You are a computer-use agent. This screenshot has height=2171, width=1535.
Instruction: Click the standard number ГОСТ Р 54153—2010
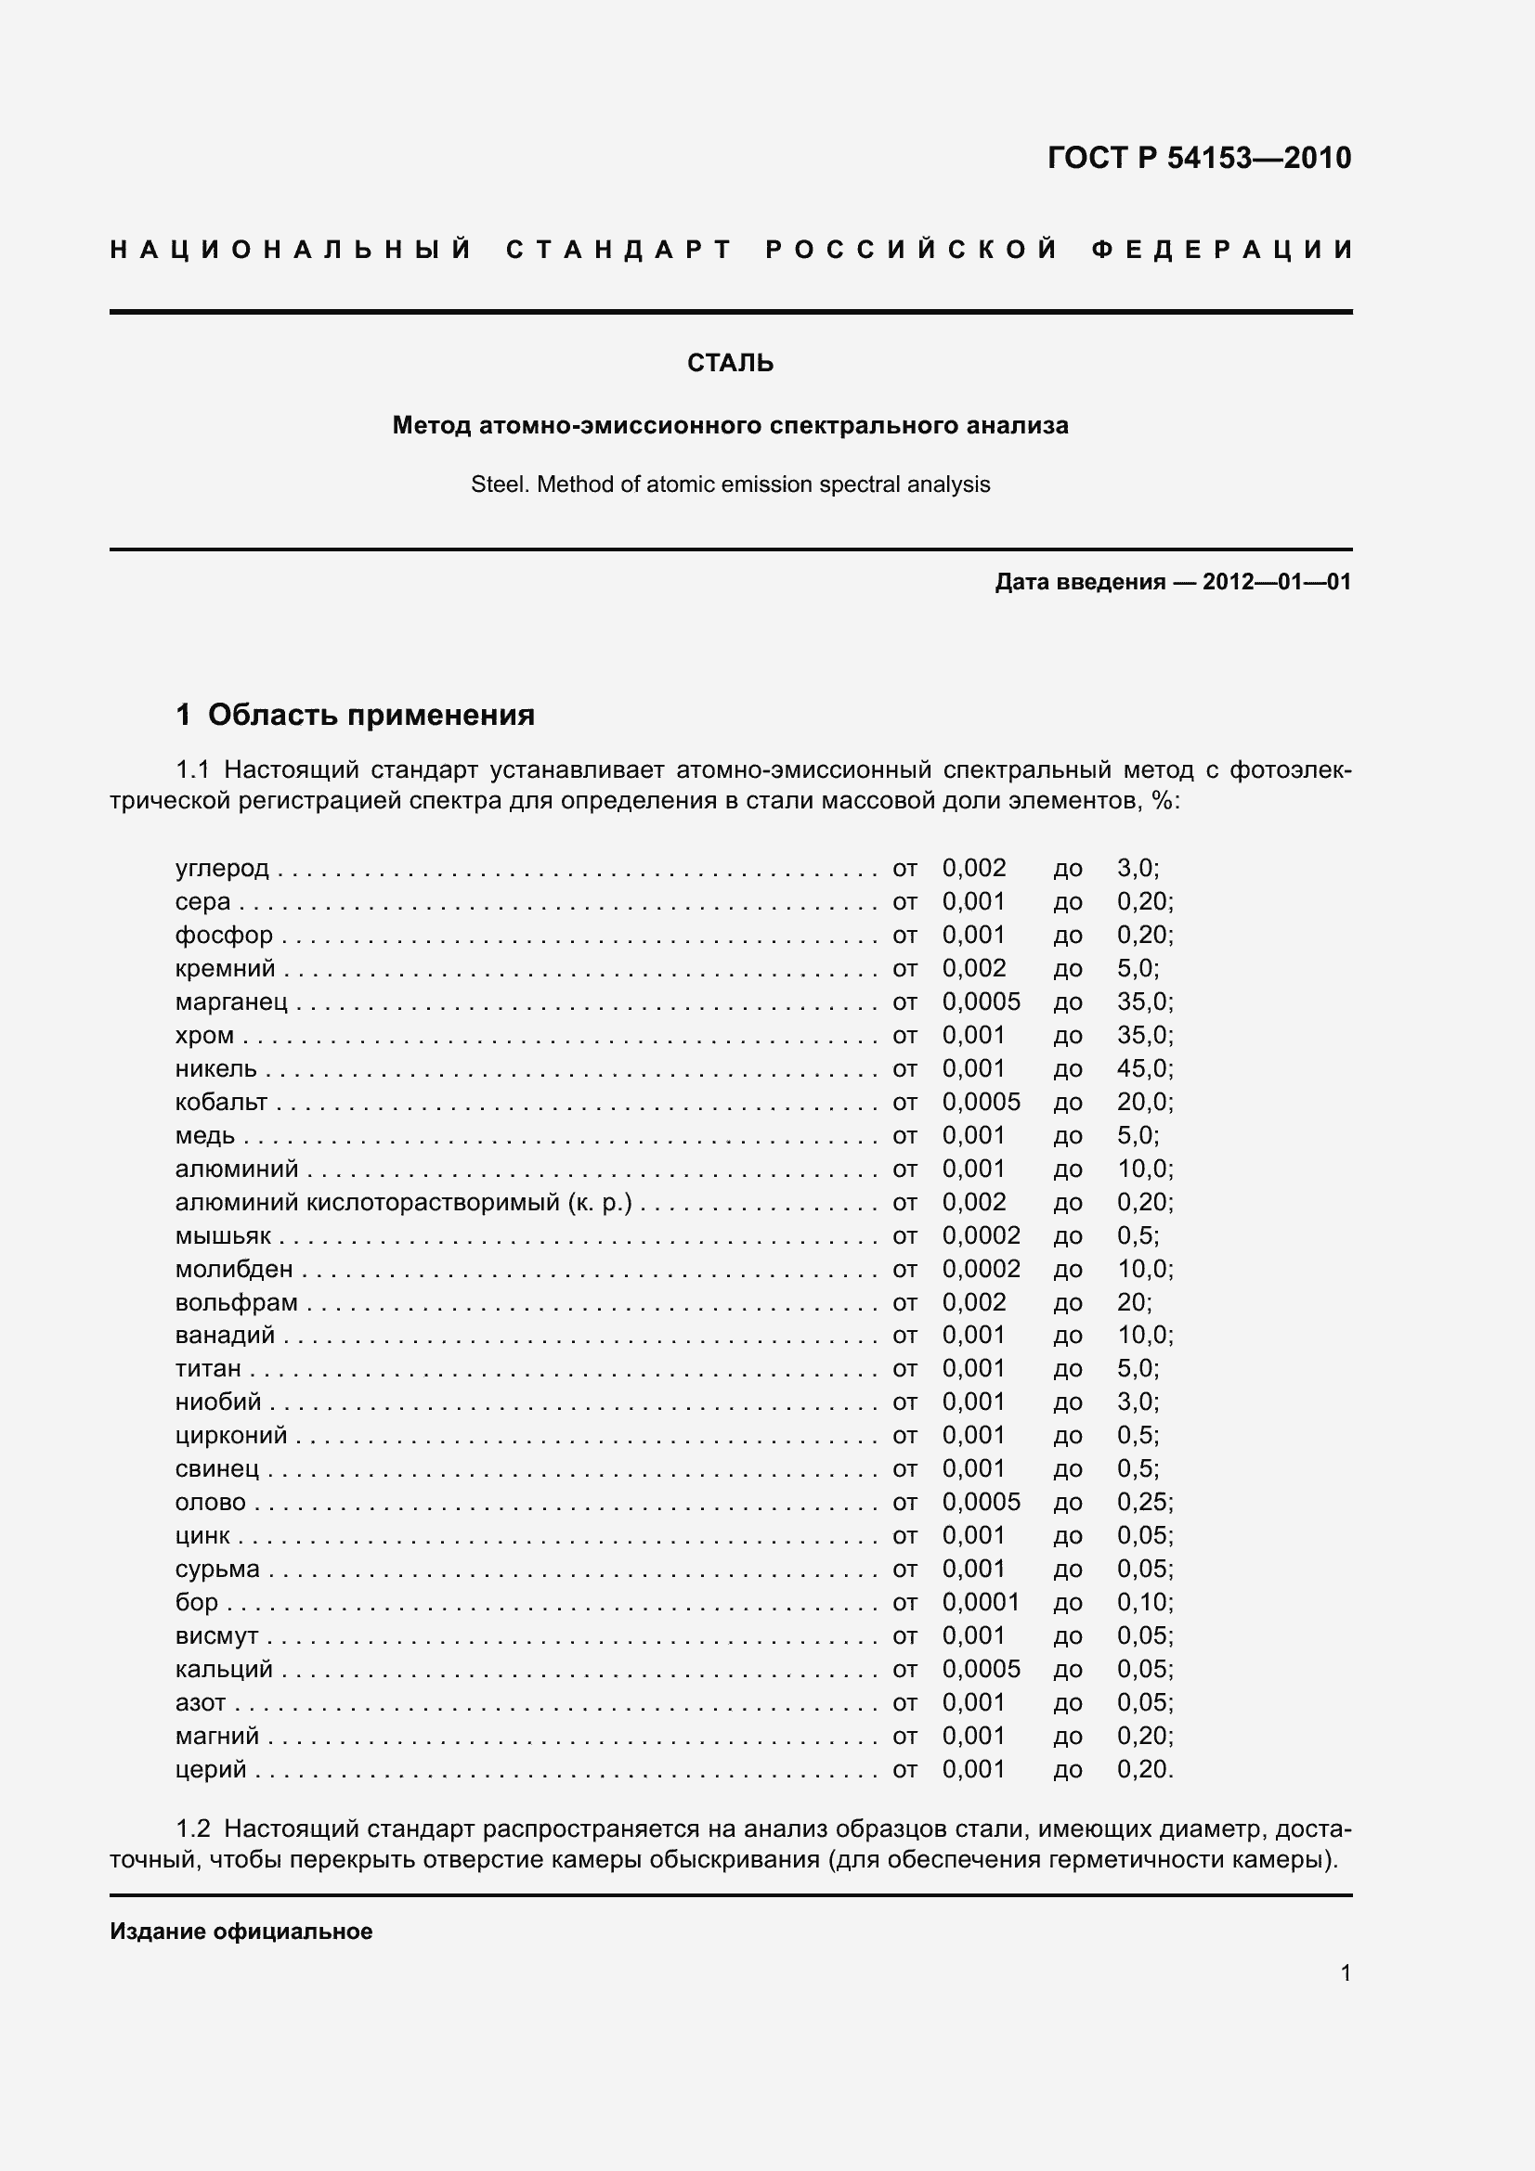coord(1198,157)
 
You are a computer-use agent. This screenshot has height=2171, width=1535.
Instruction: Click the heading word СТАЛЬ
coord(730,363)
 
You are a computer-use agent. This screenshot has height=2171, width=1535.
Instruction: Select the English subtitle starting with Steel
coord(730,485)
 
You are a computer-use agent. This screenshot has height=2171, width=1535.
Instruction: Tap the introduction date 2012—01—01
coord(1276,582)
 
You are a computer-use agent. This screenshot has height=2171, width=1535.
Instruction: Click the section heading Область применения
coord(371,715)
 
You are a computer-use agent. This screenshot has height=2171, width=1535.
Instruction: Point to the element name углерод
coord(222,868)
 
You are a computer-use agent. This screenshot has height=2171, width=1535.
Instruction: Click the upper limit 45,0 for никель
coord(1144,1068)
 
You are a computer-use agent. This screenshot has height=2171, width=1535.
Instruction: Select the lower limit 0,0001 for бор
coord(981,1602)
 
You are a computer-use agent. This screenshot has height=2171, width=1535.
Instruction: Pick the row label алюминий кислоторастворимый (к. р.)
coord(403,1202)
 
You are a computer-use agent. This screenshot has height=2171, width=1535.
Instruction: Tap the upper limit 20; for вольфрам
coord(1134,1302)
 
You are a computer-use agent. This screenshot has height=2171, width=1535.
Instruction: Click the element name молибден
coord(234,1269)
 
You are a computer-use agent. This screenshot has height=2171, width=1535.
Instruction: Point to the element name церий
coord(210,1769)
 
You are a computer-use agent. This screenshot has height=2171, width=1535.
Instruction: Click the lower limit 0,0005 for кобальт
coord(981,1102)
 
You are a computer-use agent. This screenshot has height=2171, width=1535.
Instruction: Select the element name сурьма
coord(216,1569)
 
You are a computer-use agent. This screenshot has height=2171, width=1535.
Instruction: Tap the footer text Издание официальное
coord(241,1931)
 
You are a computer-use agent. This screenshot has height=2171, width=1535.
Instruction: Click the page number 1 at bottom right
coord(1345,1972)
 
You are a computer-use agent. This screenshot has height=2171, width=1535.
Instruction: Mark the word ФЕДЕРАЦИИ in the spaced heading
coord(1222,250)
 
